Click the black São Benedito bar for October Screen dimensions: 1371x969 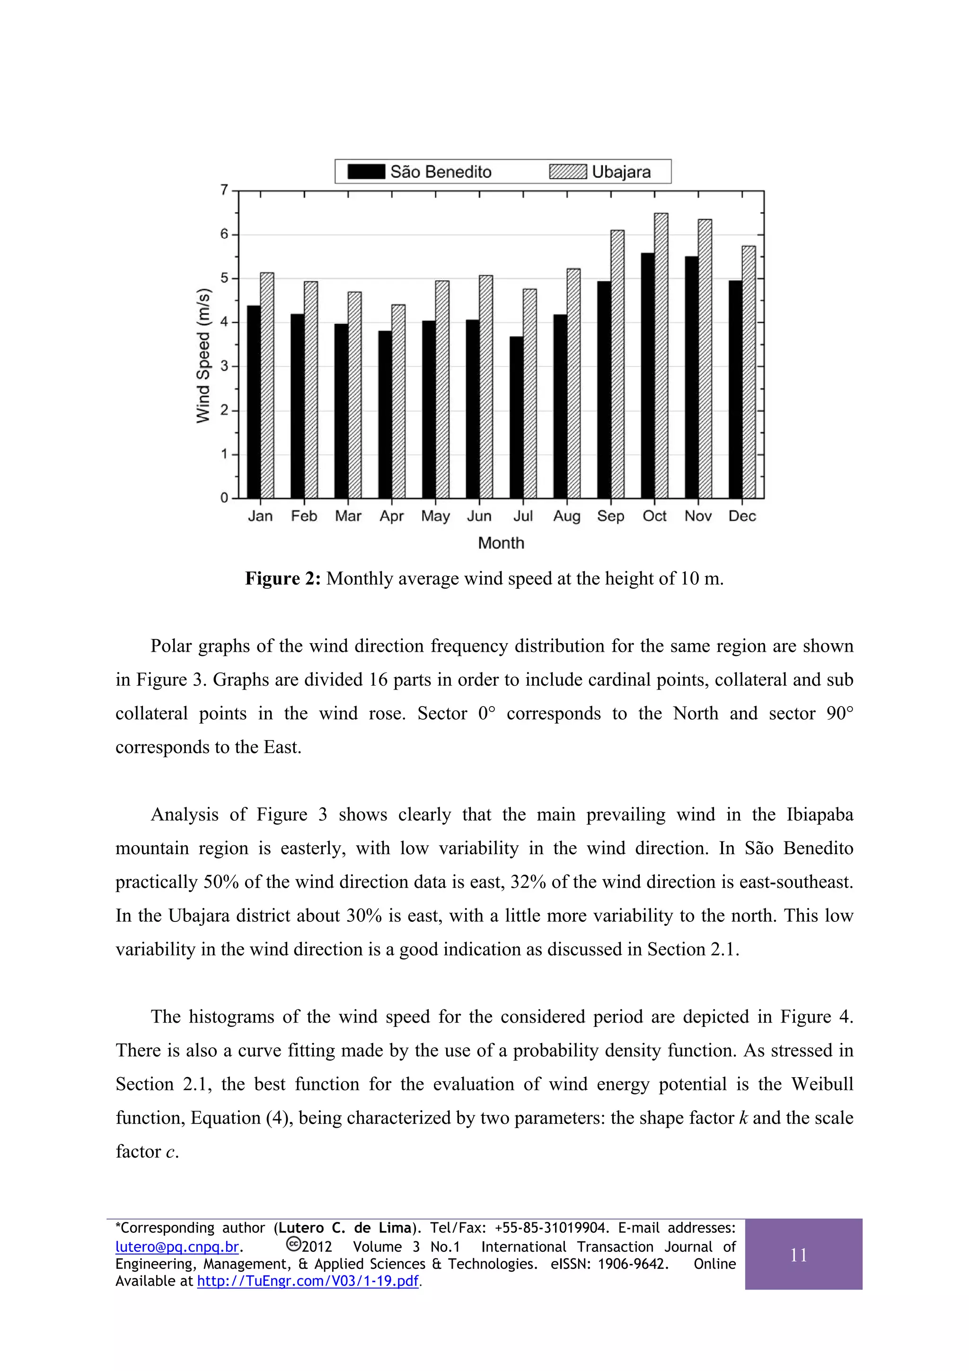648,376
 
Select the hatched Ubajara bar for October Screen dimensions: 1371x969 661,356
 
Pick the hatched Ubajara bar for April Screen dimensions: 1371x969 398,401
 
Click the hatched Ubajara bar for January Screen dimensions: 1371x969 267,386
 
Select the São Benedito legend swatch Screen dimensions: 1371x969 366,172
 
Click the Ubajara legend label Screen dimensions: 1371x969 621,172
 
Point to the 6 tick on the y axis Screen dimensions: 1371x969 224,234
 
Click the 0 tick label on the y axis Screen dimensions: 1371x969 224,498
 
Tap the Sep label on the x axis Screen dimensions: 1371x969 610,516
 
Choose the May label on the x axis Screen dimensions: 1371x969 435,516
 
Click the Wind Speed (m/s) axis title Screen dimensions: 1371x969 203,356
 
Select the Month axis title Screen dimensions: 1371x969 501,543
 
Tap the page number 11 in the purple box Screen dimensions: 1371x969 798,1255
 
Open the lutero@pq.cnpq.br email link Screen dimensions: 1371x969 177,1247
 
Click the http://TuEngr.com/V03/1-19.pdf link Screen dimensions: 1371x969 308,1281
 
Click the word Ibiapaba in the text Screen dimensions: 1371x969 819,814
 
